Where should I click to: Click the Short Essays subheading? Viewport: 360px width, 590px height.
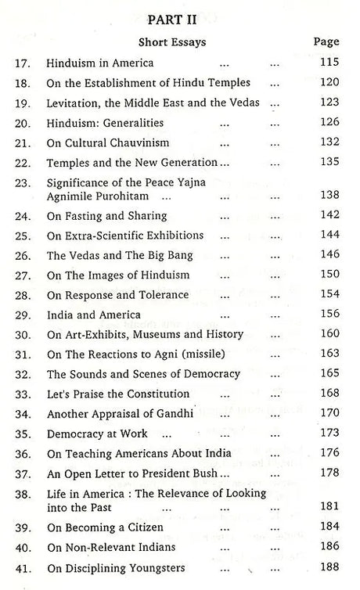178,42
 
